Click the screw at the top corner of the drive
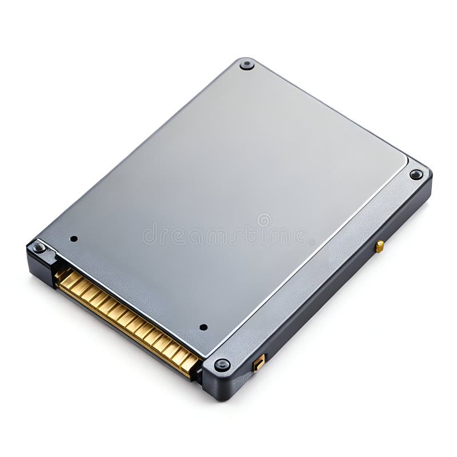point(247,64)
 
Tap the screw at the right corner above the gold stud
point(416,174)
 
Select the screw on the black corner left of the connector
point(39,247)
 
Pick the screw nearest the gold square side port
point(222,364)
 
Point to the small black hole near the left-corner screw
point(73,238)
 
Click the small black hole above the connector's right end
point(203,327)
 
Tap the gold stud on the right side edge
point(379,246)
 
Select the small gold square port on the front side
point(259,363)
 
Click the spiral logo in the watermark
point(263,220)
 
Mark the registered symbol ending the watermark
point(312,242)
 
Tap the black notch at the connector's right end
point(197,373)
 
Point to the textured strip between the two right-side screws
point(320,268)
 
